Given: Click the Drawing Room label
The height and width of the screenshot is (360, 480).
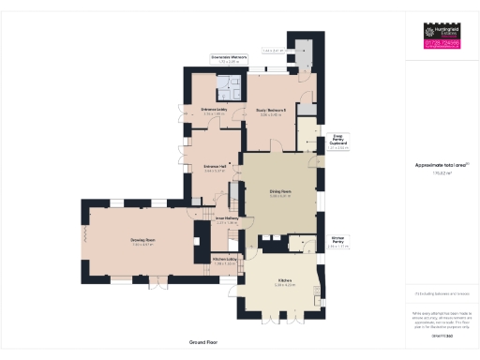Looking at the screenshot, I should tap(142, 241).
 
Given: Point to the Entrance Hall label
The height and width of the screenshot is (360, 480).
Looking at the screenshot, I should tap(215, 168).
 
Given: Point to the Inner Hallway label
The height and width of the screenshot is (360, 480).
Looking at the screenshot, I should tap(228, 219).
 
